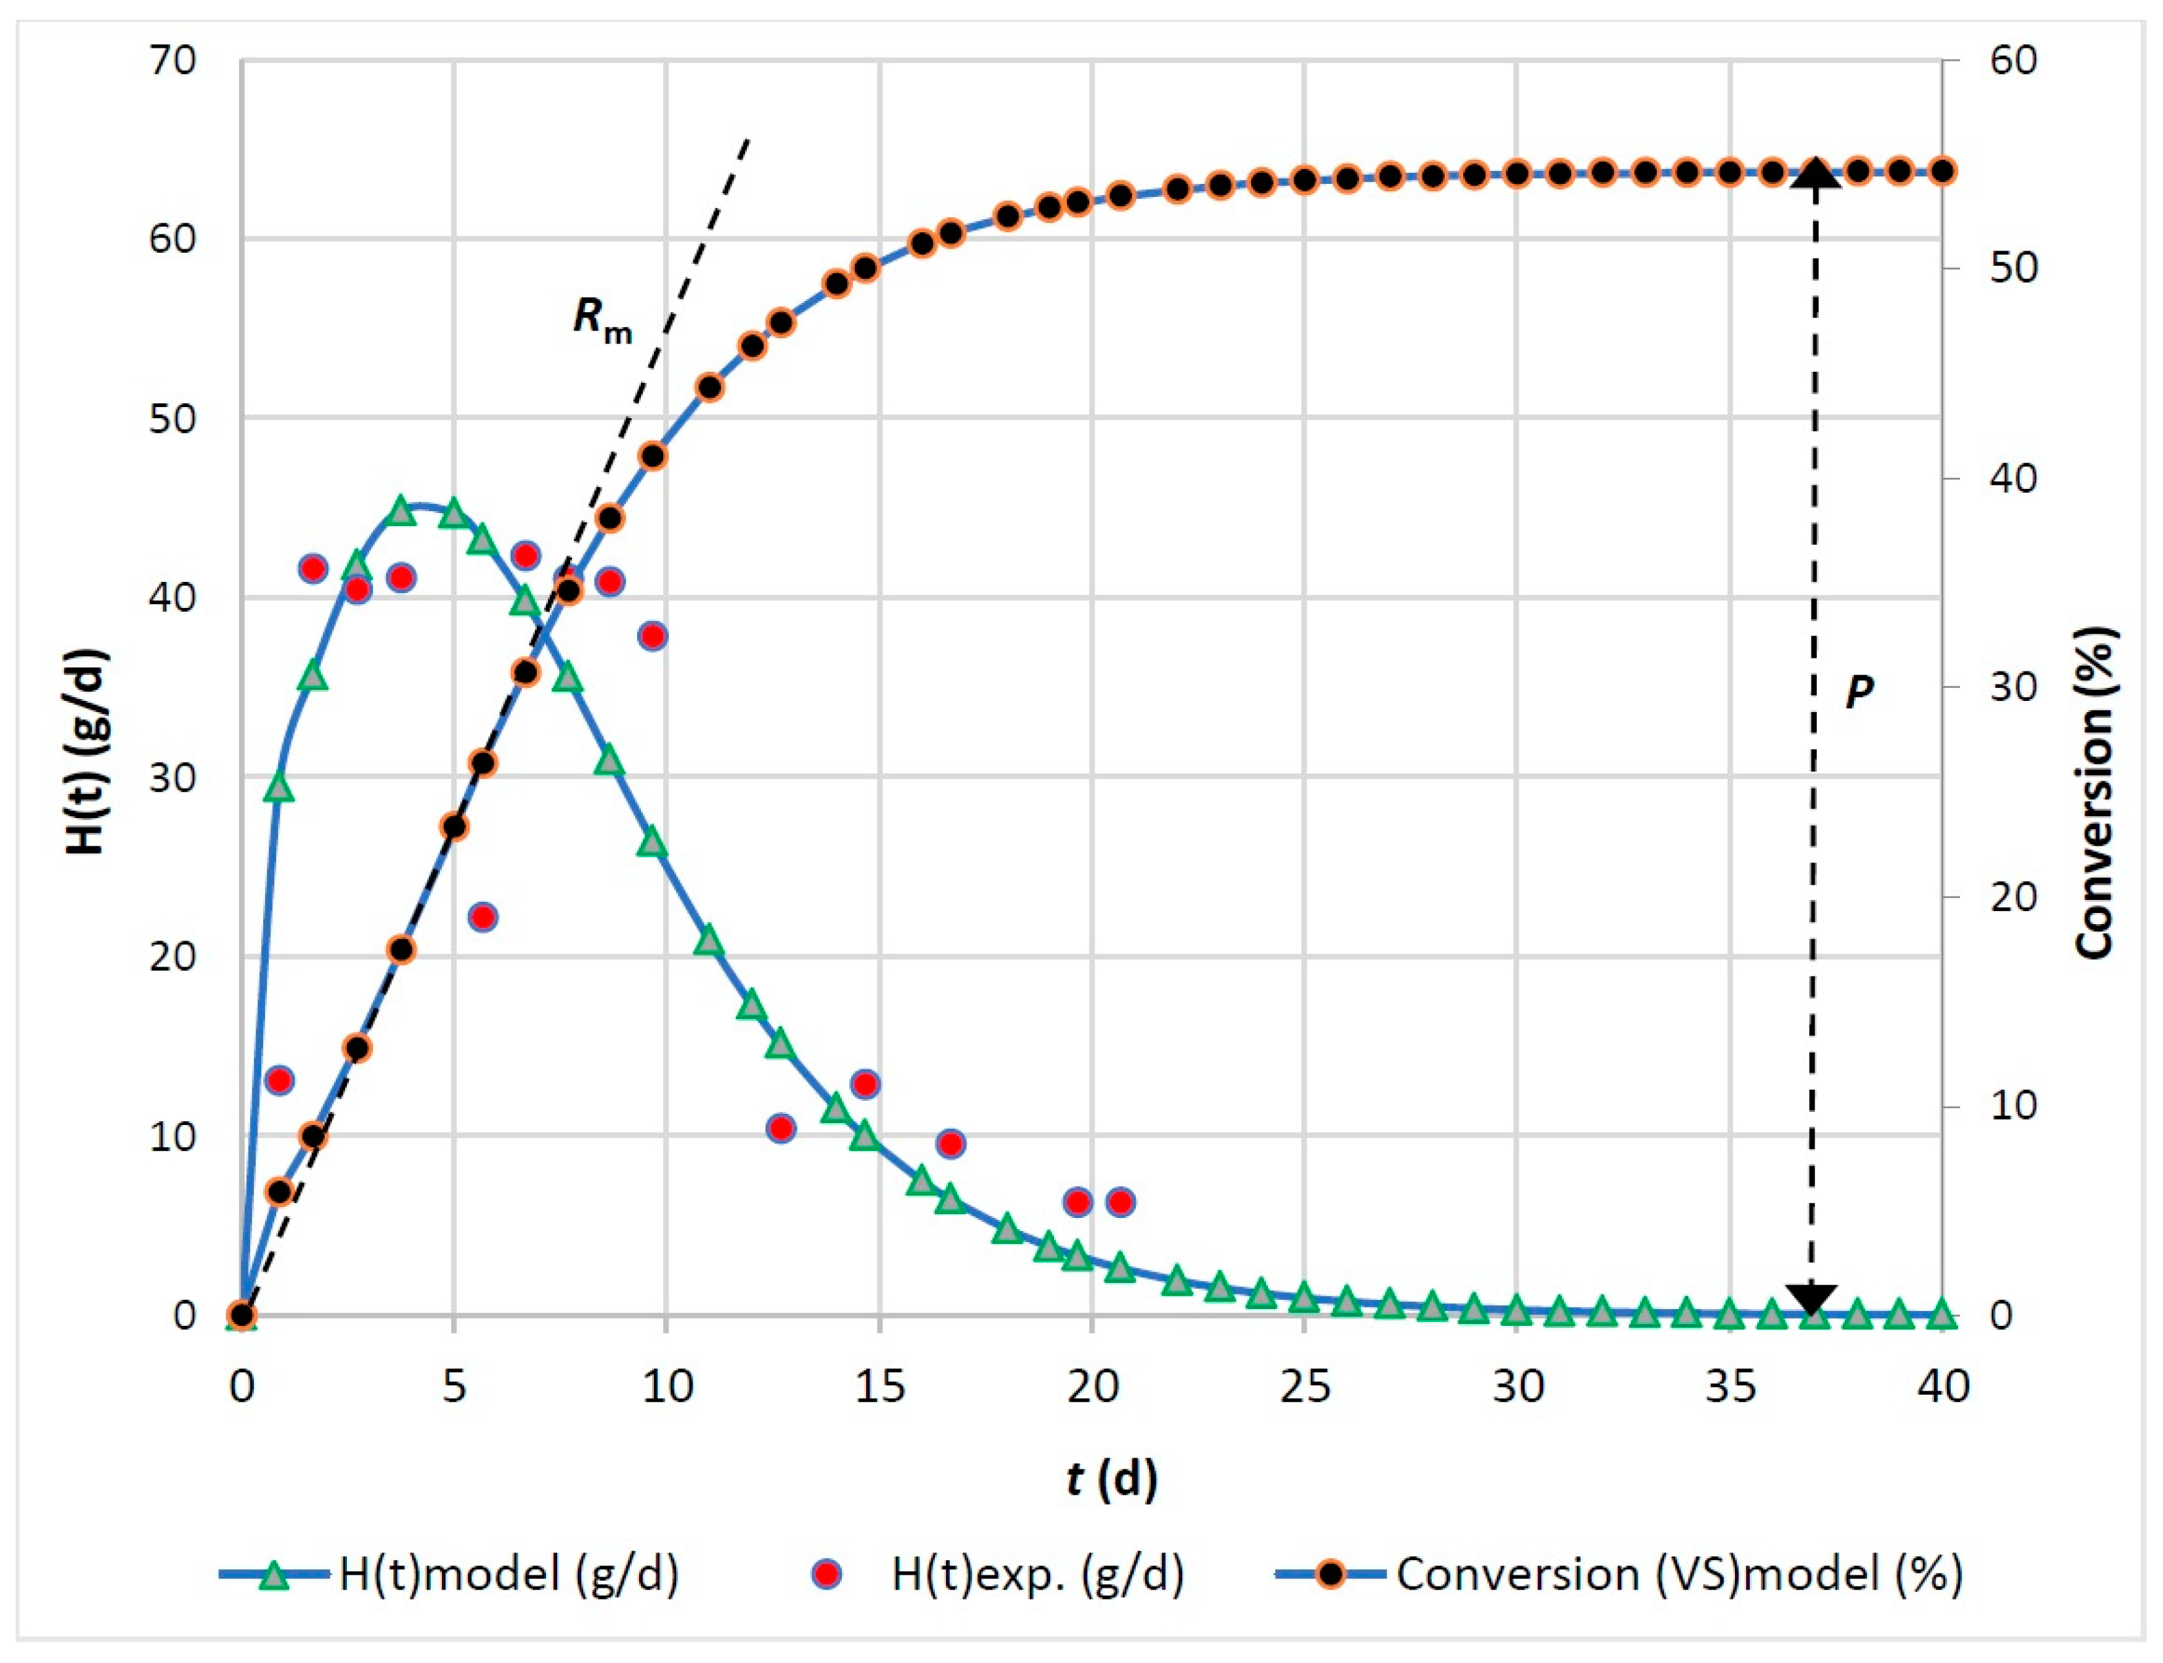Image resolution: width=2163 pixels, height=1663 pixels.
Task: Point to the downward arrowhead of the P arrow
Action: (x=1811, y=1296)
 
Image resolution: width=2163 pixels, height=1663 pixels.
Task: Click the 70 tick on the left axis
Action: (x=174, y=62)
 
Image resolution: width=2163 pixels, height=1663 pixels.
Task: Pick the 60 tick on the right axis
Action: (x=2012, y=62)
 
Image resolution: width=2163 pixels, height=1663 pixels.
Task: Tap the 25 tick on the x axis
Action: (x=1305, y=1387)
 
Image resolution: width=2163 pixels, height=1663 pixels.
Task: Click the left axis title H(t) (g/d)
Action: (x=87, y=753)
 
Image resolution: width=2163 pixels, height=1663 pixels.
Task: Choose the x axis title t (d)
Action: (x=1112, y=1479)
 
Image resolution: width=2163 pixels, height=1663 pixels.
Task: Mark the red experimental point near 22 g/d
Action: (x=482, y=917)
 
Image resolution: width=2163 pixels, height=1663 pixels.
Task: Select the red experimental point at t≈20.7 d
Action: (x=1119, y=1202)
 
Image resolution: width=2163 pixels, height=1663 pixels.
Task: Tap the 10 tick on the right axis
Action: (x=2012, y=1105)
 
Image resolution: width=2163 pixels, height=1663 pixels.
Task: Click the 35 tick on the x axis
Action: (x=1730, y=1387)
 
